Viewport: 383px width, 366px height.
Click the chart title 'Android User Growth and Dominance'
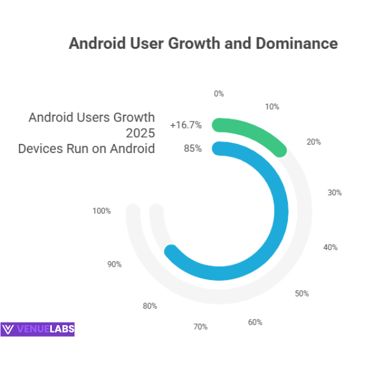pos(203,44)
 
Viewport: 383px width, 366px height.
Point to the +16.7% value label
pos(186,125)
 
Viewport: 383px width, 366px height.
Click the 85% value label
pos(193,148)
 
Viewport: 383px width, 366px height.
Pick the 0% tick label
pos(219,94)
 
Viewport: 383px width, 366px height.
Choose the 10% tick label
pos(272,107)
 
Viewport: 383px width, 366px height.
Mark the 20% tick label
pos(313,142)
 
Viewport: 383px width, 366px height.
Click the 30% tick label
pos(334,193)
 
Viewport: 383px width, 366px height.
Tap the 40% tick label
pos(330,247)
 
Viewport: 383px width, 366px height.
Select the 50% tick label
pos(301,293)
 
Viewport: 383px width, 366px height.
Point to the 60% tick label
pos(255,322)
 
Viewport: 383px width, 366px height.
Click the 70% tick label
pos(201,327)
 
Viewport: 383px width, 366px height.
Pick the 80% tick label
pos(150,306)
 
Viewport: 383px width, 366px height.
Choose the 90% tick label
pos(114,264)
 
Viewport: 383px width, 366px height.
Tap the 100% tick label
pos(102,211)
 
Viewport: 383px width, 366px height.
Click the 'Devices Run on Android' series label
pos(86,148)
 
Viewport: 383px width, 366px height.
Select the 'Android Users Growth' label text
pos(91,117)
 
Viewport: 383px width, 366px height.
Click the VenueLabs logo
pos(38,329)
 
